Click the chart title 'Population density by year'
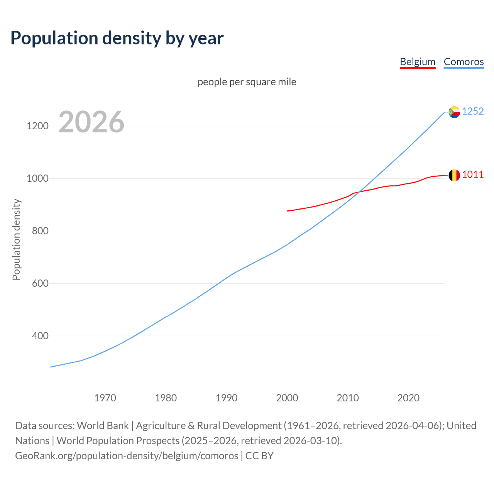(x=117, y=38)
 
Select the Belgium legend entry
(x=418, y=62)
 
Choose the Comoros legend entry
(x=464, y=62)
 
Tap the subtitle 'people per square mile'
(x=247, y=82)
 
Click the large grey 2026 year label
(x=91, y=122)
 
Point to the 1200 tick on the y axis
(x=37, y=126)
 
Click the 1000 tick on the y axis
(x=37, y=179)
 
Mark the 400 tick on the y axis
(x=40, y=336)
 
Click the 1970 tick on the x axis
(x=105, y=398)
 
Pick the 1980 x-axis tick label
(x=166, y=398)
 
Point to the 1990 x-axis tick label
(x=227, y=398)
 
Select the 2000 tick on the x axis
(x=287, y=398)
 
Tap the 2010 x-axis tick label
(x=348, y=398)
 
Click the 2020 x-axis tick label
(x=408, y=398)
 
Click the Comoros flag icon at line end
(x=454, y=112)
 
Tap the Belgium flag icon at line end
(x=454, y=175)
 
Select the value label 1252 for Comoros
(x=473, y=111)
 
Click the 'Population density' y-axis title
(x=16, y=239)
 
